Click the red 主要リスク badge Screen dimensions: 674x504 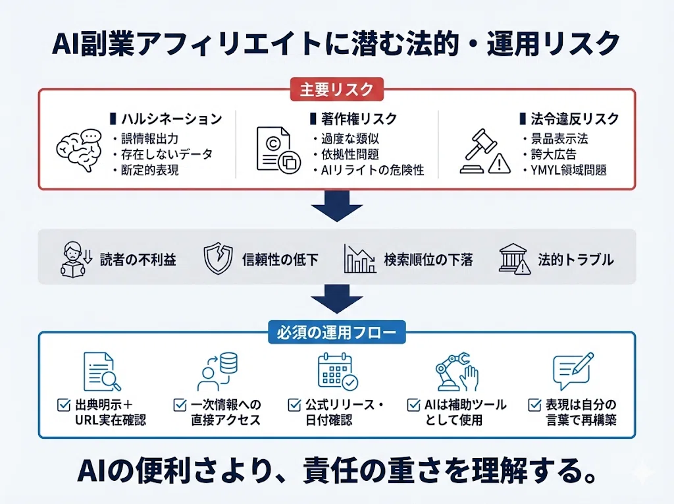(336, 90)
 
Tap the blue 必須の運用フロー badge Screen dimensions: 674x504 (336, 332)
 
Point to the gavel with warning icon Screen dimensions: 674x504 (485, 152)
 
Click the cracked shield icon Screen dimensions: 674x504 (218, 258)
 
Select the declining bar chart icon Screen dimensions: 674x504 (360, 259)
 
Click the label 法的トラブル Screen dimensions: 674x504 (575, 260)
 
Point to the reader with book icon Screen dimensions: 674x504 (76, 259)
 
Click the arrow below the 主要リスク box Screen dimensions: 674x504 (336, 206)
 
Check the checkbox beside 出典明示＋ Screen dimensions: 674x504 (64, 405)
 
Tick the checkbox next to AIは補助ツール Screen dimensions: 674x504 (413, 405)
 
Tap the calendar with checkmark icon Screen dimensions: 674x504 (338, 371)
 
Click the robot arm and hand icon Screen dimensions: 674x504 (457, 372)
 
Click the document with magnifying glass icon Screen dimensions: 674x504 (102, 372)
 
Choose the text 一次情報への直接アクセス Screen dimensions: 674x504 (226, 412)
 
